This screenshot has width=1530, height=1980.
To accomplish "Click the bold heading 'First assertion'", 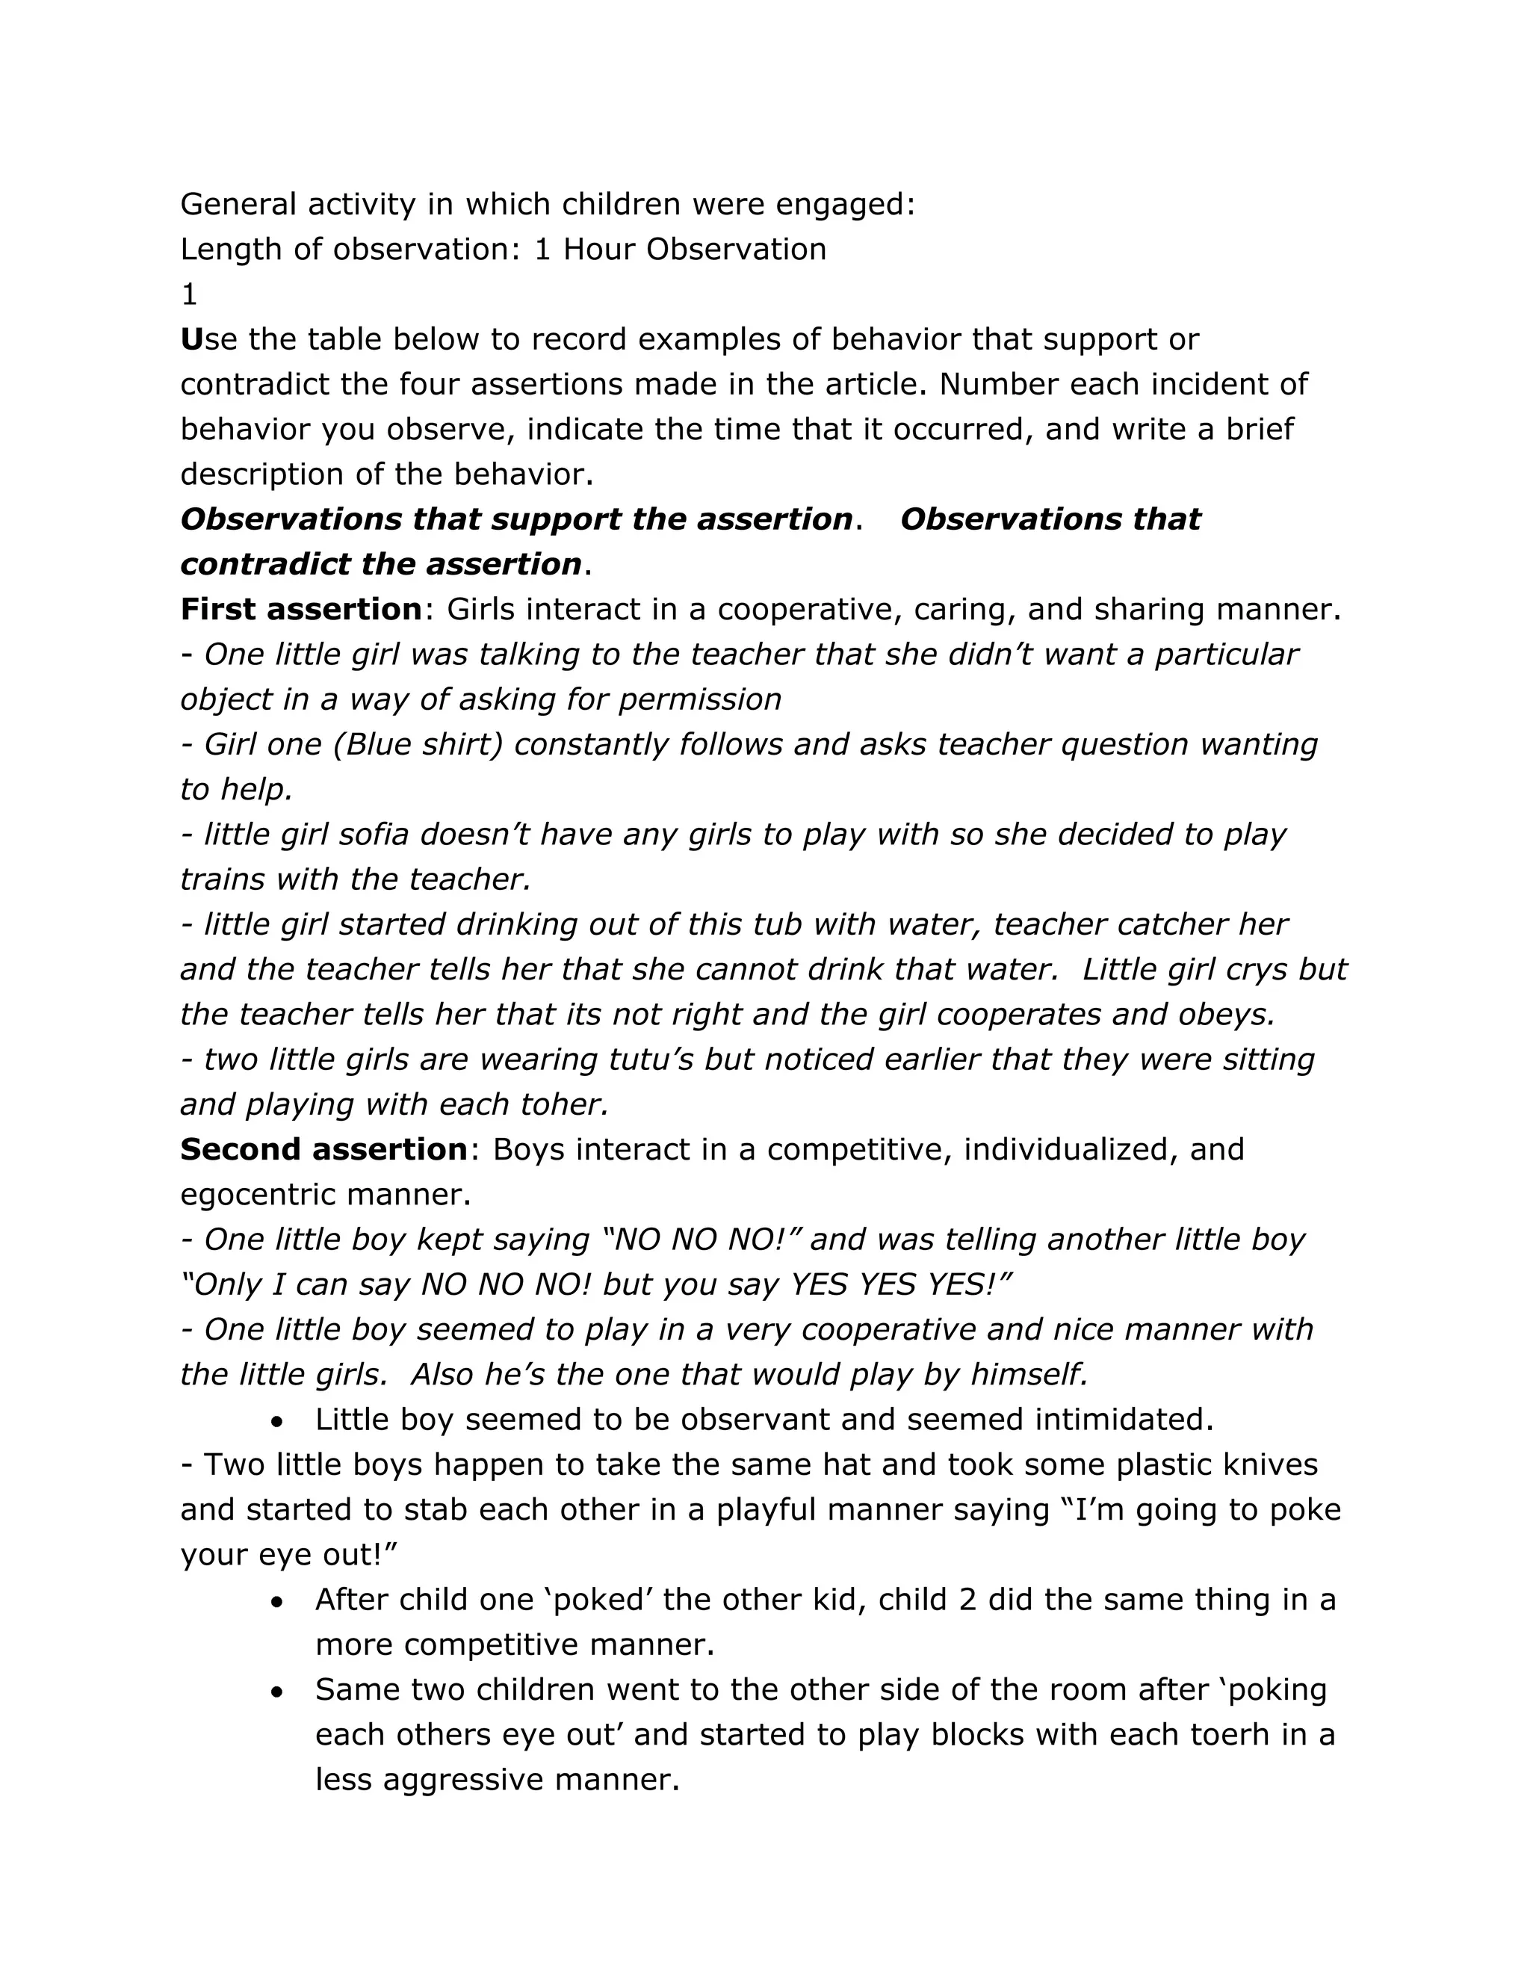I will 301,609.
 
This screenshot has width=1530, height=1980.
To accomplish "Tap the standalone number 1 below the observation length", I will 188,294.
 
